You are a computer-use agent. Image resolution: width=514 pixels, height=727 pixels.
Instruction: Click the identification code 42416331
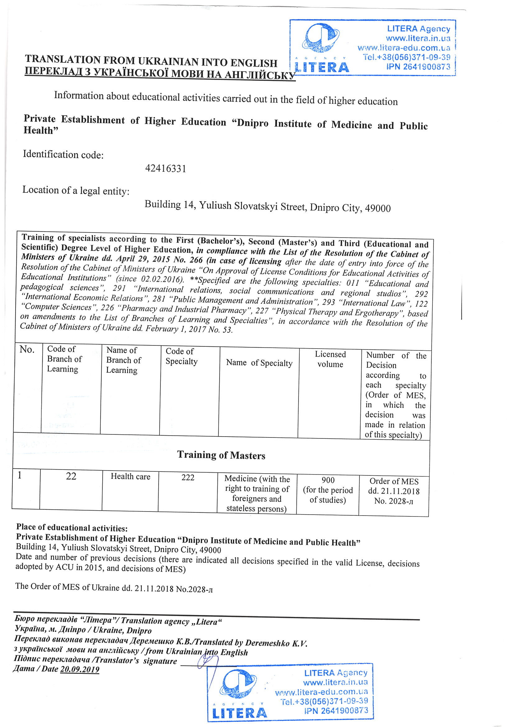click(x=166, y=168)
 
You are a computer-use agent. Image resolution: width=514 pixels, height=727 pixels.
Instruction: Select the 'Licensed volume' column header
click(x=330, y=359)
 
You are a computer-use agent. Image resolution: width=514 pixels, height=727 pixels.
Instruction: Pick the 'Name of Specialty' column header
click(x=259, y=363)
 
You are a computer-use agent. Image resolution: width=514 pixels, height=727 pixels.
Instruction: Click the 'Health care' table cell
click(x=131, y=477)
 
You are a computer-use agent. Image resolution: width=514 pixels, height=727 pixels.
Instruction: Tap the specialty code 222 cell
click(x=188, y=478)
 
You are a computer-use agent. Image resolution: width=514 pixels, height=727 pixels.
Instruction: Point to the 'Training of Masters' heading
click(x=221, y=455)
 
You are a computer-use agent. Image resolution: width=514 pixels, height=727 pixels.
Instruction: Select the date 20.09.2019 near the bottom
click(x=80, y=669)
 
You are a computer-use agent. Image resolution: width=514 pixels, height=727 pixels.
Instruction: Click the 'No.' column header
click(x=27, y=349)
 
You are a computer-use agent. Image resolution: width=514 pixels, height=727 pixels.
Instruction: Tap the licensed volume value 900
click(x=328, y=480)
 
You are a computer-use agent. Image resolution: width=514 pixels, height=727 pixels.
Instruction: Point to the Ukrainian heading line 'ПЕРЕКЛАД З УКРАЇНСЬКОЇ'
click(x=160, y=73)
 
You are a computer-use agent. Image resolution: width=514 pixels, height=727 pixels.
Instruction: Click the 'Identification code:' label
click(x=63, y=155)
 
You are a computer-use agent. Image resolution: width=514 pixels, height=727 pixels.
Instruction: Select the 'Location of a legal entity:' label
click(x=76, y=190)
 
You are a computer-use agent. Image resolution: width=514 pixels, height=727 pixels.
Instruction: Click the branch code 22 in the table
click(x=71, y=476)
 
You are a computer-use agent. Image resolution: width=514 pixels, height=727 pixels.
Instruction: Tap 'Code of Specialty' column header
click(x=182, y=356)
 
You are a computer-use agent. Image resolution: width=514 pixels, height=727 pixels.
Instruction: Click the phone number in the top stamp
click(x=407, y=57)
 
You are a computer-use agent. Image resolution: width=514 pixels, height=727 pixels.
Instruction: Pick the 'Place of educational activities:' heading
click(x=72, y=527)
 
